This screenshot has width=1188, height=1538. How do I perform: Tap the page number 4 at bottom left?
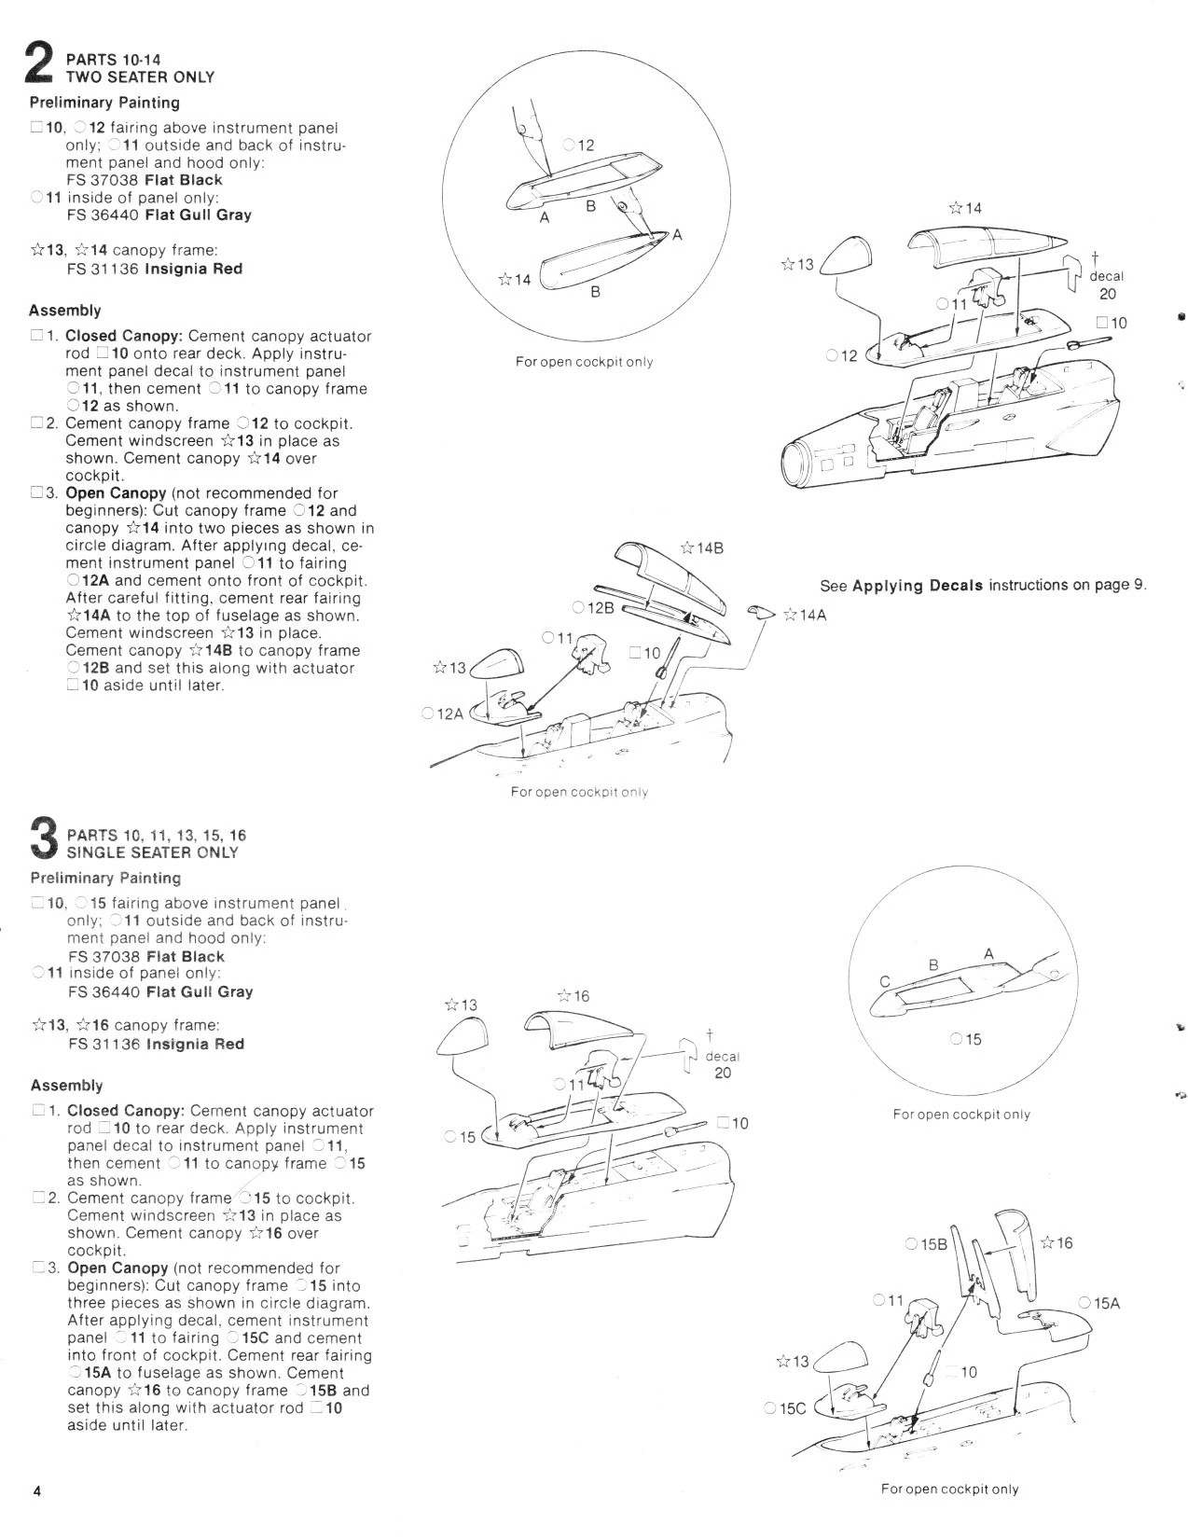coord(36,1490)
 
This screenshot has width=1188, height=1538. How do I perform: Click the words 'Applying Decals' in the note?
coord(918,586)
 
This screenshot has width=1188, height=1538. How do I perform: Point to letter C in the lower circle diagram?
coord(885,980)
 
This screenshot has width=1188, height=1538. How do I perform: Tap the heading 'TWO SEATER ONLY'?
coord(140,77)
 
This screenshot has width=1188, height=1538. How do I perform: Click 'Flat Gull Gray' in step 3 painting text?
coord(199,991)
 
